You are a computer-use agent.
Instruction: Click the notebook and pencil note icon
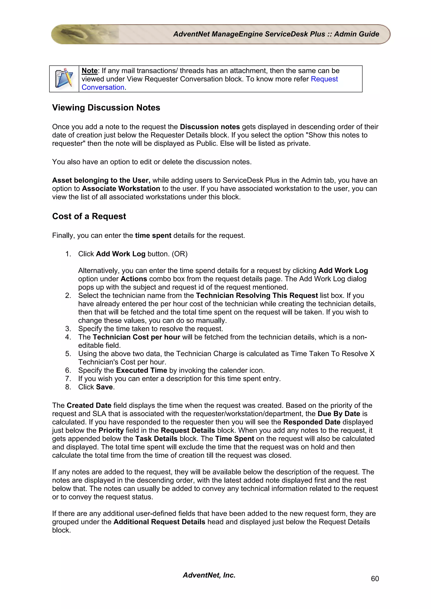pos(64,79)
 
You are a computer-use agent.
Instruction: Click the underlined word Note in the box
pos(89,71)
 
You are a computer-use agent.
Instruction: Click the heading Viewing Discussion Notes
pos(106,108)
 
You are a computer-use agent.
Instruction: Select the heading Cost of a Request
pos(89,216)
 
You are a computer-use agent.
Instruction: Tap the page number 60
pos(375,579)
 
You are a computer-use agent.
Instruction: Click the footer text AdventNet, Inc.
pos(209,575)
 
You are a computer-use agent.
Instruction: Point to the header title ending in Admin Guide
pos(276,34)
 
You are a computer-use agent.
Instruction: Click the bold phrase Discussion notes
pos(210,127)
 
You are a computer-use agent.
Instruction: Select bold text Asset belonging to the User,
pos(101,180)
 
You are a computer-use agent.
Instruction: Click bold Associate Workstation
pos(121,188)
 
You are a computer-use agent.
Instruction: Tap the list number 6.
pos(68,370)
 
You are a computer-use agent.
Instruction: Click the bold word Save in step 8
pos(105,387)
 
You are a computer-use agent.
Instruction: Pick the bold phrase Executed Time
pos(142,370)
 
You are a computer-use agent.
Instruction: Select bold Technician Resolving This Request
pos(257,295)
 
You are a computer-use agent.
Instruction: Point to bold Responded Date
pos(312,422)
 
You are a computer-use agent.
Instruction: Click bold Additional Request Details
pos(159,522)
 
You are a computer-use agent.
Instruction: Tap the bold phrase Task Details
pos(156,439)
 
